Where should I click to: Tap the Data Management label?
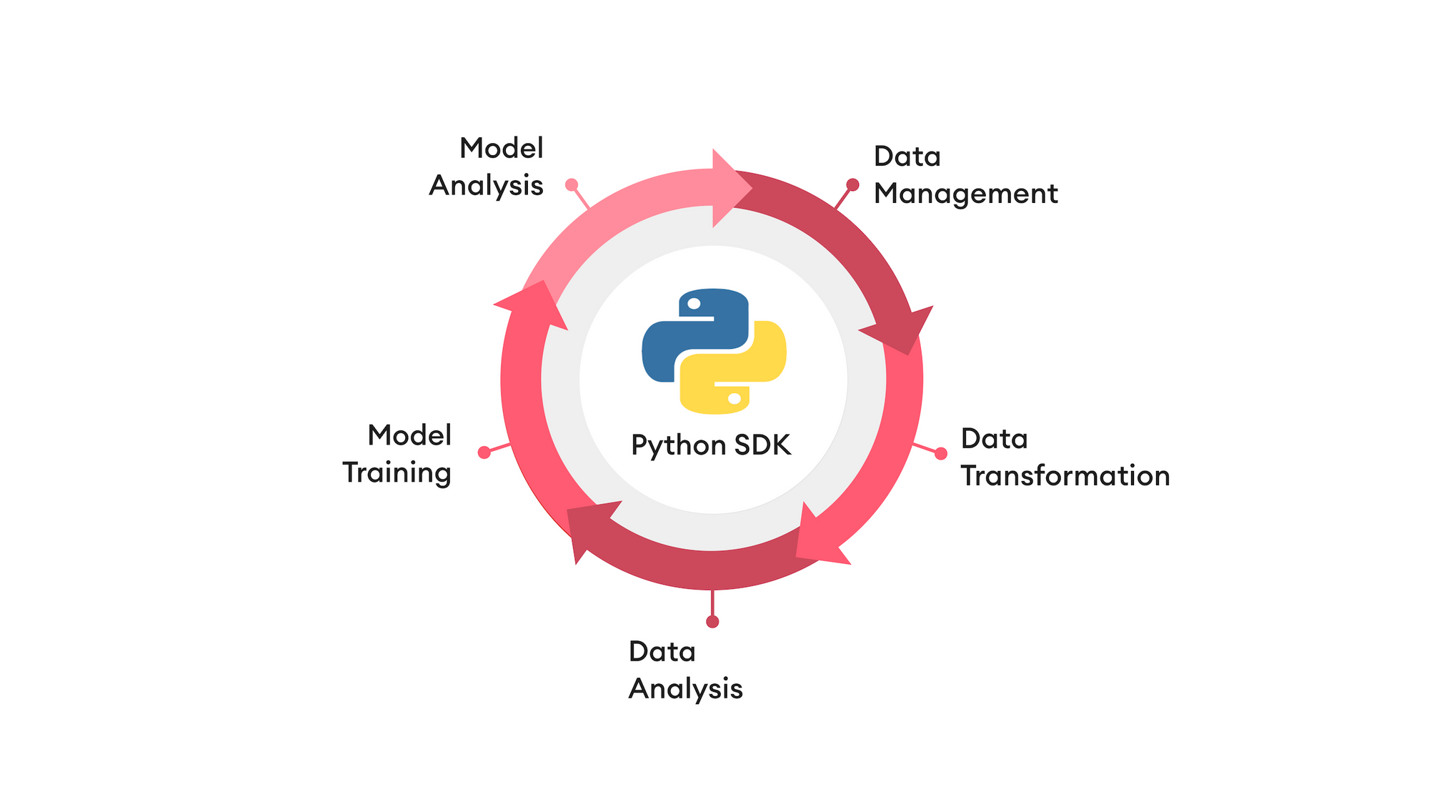965,175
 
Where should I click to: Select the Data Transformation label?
1065,457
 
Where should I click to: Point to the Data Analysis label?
685,670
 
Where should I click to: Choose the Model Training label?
397,454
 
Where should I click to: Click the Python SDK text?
711,445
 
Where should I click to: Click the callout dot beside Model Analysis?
572,185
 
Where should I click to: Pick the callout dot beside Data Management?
852,185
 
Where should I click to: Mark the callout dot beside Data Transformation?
941,453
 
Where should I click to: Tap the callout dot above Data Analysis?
712,622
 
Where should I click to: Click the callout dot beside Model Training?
484,452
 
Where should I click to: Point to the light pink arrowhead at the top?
729,188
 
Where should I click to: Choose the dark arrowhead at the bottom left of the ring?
589,529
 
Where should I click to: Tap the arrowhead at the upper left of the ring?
536,304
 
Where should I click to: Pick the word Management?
965,194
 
